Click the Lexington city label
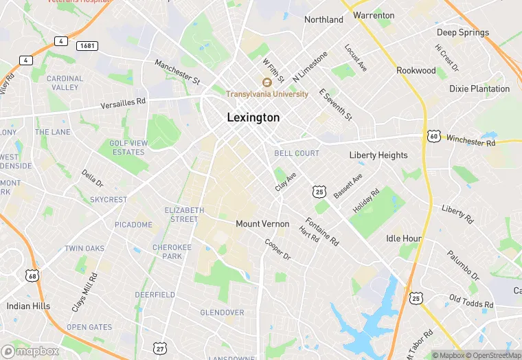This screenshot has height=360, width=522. coord(253,117)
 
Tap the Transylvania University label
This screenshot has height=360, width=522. coord(267,94)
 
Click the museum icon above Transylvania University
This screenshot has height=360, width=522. coord(267,82)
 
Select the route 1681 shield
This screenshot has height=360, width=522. coord(87,45)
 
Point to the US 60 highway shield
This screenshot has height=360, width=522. coord(433,136)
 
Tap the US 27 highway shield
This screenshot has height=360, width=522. coord(160,349)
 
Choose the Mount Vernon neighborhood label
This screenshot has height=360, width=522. coord(262,224)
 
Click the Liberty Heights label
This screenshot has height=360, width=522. coord(378,155)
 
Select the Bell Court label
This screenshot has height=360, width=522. coord(297,153)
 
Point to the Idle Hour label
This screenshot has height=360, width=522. coord(403,238)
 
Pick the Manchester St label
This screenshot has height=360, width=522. coord(177,72)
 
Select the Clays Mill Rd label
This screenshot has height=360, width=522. coord(84,293)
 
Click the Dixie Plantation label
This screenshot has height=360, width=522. coord(479,89)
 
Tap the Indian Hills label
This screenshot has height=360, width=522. coord(28,306)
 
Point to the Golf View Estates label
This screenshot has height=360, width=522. coord(128,147)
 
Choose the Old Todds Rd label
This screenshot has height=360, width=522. coord(471,301)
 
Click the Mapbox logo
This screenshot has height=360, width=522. coord(31,351)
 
